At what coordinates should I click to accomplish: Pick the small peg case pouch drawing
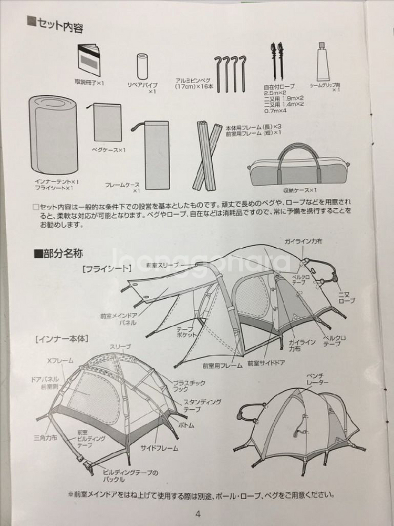107,122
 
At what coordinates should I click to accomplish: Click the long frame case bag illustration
156,154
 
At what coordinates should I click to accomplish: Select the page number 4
198,514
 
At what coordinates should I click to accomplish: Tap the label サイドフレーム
159,448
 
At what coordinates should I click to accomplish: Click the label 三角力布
44,437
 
